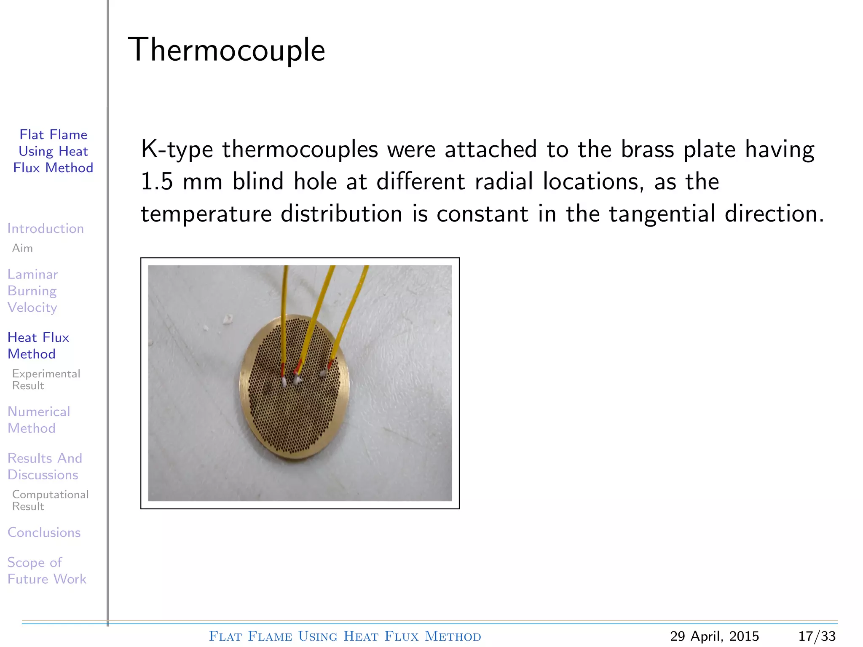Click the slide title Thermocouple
click(226, 50)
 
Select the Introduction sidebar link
click(46, 228)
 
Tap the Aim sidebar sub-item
click(22, 248)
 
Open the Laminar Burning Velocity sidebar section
click(32, 291)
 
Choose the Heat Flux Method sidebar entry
click(38, 345)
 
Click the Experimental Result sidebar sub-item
click(46, 380)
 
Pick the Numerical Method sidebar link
click(39, 420)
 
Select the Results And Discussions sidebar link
click(45, 466)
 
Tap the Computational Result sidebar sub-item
click(50, 500)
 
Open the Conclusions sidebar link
click(44, 532)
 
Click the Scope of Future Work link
click(47, 571)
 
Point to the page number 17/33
click(817, 636)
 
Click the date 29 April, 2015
click(714, 636)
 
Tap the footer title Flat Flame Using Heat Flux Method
click(345, 636)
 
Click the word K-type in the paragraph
click(177, 150)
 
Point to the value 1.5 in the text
click(156, 182)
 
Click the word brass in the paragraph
click(647, 150)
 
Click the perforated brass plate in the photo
click(295, 417)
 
